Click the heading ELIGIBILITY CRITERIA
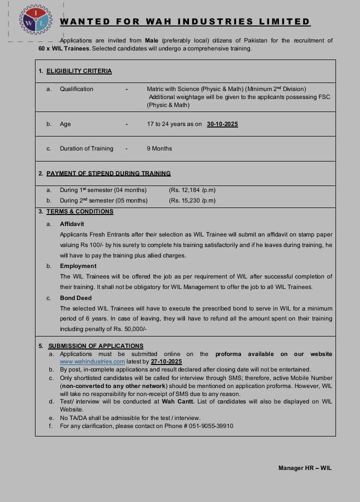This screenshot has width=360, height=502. pos(79,71)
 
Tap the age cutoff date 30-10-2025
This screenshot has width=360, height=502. pos(222,124)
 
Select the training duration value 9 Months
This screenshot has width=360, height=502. pos(159,148)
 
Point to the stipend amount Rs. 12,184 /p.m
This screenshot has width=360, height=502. pos(192,190)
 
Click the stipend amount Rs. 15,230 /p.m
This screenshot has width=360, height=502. pos(192,200)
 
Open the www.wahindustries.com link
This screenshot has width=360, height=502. pos(92,361)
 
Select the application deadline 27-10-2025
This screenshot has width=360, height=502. pos(166,361)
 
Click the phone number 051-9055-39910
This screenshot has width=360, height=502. pos(208,426)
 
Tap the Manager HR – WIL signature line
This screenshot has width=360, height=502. pos(305,468)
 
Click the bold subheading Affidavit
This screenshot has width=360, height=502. pos(72,224)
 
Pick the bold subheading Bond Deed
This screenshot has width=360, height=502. pos(76,298)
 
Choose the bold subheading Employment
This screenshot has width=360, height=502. pos(78,266)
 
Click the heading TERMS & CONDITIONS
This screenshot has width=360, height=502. pos(80,211)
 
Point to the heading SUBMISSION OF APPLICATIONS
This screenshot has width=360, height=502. pos(96,346)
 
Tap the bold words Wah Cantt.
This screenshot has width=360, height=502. pos(178,401)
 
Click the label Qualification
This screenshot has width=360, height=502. pos(76,89)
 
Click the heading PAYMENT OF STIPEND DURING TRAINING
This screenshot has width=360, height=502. pos(108,173)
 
